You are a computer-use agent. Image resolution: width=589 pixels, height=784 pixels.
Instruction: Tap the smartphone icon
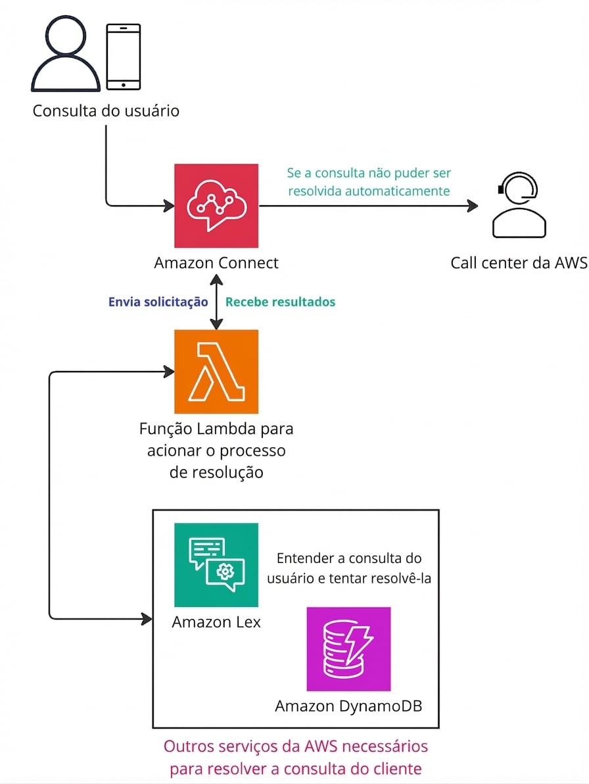click(123, 57)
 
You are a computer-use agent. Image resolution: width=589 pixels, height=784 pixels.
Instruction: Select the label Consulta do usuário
click(106, 110)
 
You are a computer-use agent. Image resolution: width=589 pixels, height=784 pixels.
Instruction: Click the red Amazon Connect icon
click(216, 206)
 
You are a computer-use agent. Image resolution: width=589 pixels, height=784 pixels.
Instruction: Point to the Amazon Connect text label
click(216, 263)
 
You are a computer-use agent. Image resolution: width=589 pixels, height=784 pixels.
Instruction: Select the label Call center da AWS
click(519, 263)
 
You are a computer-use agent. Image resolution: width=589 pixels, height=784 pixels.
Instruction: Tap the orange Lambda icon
click(216, 372)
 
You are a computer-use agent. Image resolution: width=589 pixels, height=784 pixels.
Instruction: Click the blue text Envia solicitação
click(158, 302)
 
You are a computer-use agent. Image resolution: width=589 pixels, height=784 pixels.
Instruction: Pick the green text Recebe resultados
click(280, 302)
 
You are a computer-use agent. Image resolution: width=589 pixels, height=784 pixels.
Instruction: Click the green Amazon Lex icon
click(216, 565)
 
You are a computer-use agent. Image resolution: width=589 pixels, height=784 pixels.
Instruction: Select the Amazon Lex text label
click(216, 622)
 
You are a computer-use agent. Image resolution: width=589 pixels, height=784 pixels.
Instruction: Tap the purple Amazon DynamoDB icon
click(348, 649)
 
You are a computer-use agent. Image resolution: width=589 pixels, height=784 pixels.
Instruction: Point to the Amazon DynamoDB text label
click(348, 706)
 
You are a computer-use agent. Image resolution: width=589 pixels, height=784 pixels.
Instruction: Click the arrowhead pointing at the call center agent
click(472, 206)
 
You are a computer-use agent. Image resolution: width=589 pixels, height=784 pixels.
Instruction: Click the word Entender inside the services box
click(304, 558)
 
